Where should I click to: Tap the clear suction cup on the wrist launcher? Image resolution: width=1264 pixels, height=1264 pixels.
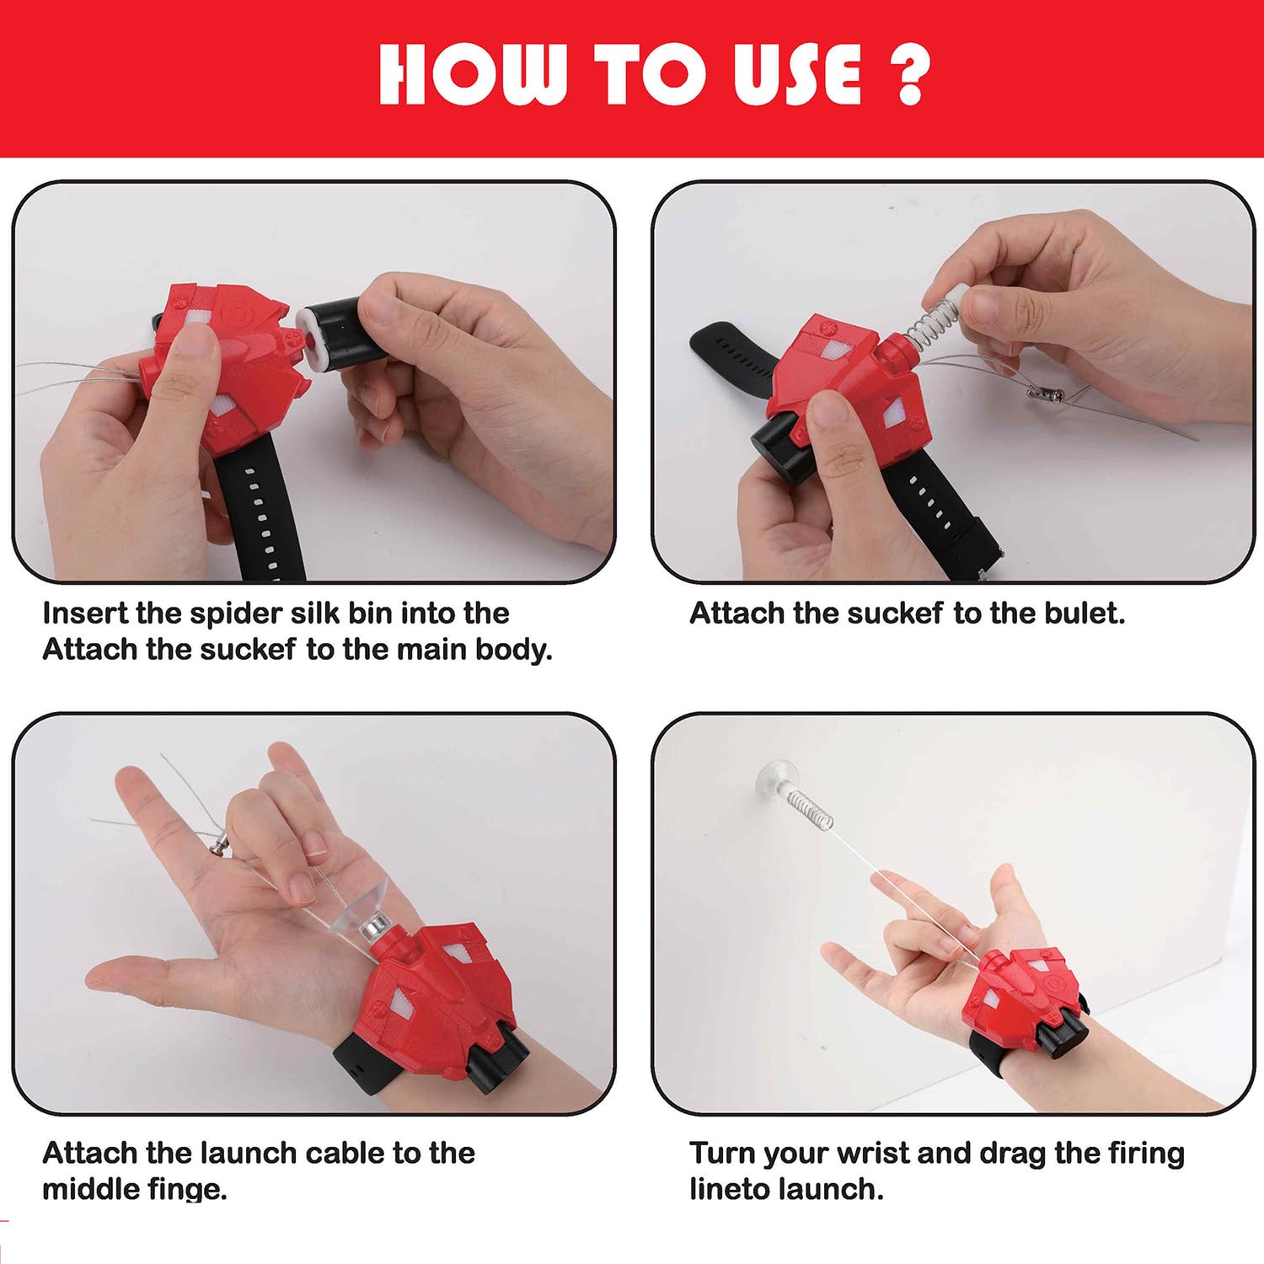(x=358, y=911)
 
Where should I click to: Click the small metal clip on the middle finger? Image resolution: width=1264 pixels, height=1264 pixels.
(x=220, y=844)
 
